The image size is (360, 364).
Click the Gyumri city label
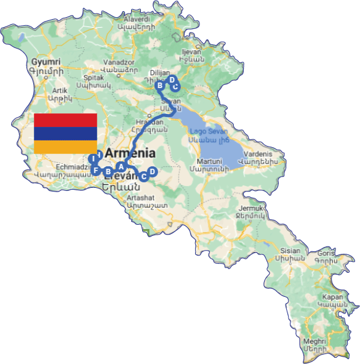[46, 63]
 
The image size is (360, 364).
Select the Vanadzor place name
[119, 63]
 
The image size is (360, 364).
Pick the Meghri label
[315, 340]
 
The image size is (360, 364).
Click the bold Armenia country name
[130, 154]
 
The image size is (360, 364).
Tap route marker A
[121, 166]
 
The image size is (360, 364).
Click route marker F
[97, 170]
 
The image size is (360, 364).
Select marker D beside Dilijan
[172, 79]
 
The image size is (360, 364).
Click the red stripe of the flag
[65, 120]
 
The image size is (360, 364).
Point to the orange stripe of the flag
[65, 147]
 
